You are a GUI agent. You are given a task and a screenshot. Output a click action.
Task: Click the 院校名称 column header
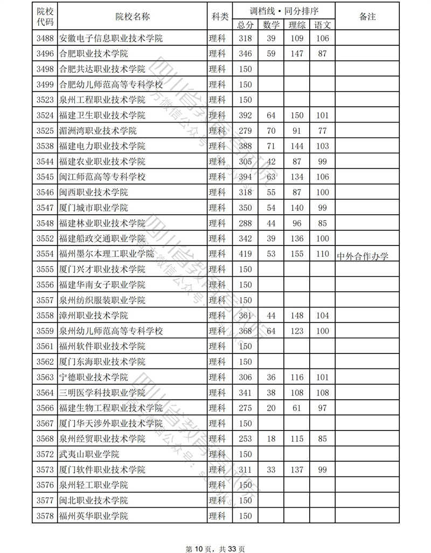(133, 17)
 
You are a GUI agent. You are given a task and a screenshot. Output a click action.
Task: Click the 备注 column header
(367, 17)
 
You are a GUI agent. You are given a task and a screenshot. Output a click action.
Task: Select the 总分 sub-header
(245, 25)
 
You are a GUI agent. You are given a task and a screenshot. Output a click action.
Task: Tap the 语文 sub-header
(322, 25)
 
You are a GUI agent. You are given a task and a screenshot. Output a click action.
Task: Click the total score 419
(245, 254)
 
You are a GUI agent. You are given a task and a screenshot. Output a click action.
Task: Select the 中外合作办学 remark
(362, 256)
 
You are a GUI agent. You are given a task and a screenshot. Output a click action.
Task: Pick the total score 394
(245, 177)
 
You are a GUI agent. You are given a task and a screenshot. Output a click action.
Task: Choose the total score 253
(245, 439)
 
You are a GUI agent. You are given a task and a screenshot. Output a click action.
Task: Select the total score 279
(245, 131)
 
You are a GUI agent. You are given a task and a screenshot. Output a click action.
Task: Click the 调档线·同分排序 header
(284, 10)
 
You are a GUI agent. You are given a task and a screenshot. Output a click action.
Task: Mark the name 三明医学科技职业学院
(102, 393)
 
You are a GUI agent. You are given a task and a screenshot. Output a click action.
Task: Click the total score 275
(245, 408)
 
